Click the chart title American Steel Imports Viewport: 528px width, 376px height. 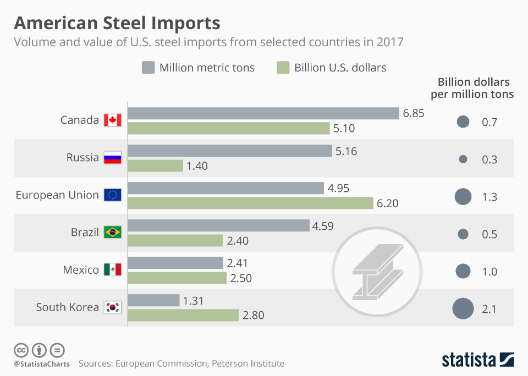tap(117, 23)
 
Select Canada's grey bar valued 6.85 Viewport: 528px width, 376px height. tap(263, 113)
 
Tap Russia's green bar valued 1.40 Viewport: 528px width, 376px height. tap(155, 165)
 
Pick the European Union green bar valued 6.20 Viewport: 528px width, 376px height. tap(250, 203)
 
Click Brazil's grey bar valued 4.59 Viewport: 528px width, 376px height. tap(218, 225)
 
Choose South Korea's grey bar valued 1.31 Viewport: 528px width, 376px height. tap(153, 300)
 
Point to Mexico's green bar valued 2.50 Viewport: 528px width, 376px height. tap(177, 278)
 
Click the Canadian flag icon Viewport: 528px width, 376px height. tap(112, 120)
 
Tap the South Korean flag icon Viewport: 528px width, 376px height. tap(112, 307)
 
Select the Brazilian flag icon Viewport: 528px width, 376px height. tap(112, 232)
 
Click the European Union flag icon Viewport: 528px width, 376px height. tap(112, 195)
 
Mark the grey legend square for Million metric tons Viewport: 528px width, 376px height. tap(147, 68)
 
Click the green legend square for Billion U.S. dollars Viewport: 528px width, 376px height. tap(282, 68)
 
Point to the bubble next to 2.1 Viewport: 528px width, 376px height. tap(463, 308)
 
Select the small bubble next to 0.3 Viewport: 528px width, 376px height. tap(463, 159)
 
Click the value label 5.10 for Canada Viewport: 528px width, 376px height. tap(344, 128)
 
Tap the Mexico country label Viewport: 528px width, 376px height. tap(81, 269)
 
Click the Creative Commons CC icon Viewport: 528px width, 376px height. tap(21, 350)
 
